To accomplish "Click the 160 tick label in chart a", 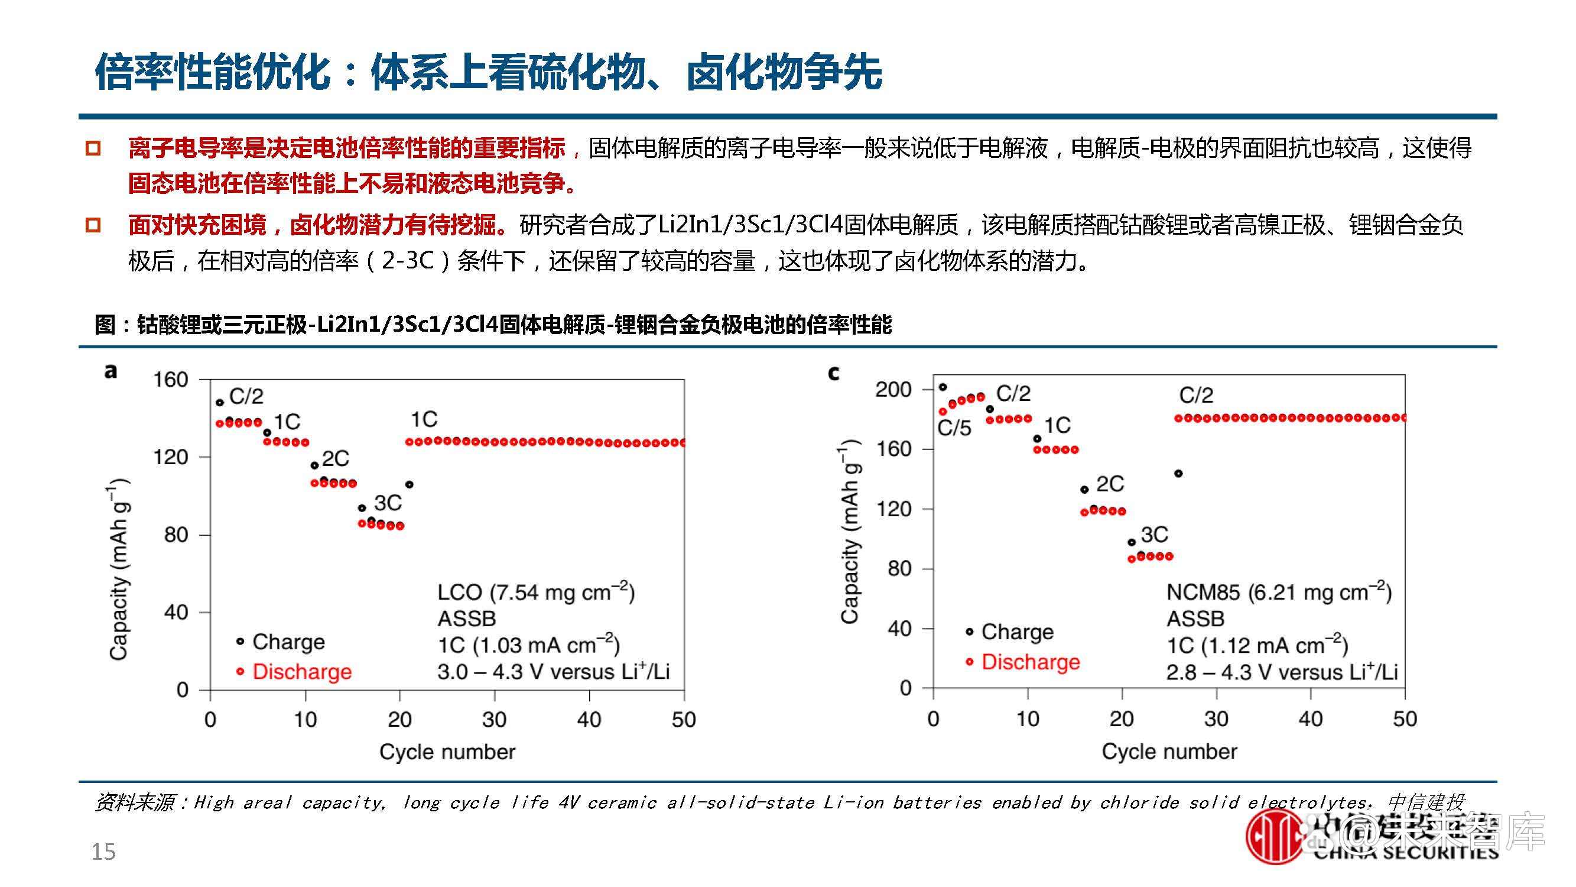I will tap(170, 380).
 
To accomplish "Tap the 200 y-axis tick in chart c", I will tap(893, 389).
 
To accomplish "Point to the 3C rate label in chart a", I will tap(388, 503).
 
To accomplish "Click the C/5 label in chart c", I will tap(954, 428).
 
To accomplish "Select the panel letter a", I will tap(110, 371).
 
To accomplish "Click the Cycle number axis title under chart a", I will tap(447, 752).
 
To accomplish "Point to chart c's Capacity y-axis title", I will tap(850, 532).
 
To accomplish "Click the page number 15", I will tap(103, 852).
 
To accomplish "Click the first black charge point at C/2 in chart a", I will tap(220, 403).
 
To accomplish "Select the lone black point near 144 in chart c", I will tap(1178, 473).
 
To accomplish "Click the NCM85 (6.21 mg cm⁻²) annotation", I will tap(1279, 592).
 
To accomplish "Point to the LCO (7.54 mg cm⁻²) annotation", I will tap(536, 592).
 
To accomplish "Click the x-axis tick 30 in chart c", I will tap(1216, 718).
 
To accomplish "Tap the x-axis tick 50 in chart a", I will tap(683, 719).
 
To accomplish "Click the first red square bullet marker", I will tap(93, 148).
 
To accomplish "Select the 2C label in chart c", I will tap(1110, 484).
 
